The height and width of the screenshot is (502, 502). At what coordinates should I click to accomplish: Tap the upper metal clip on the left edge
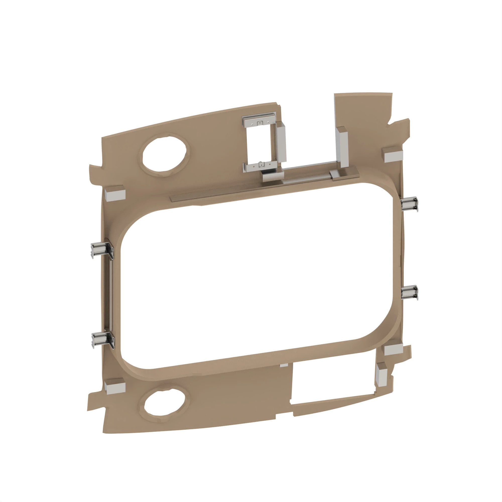(x=102, y=250)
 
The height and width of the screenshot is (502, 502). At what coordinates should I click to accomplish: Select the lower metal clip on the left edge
(x=103, y=340)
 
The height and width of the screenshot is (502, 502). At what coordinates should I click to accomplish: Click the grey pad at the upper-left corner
(x=115, y=194)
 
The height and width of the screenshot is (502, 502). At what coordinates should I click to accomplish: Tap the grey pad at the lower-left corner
(x=115, y=387)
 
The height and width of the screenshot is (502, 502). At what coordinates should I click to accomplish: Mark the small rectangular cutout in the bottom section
(x=333, y=382)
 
